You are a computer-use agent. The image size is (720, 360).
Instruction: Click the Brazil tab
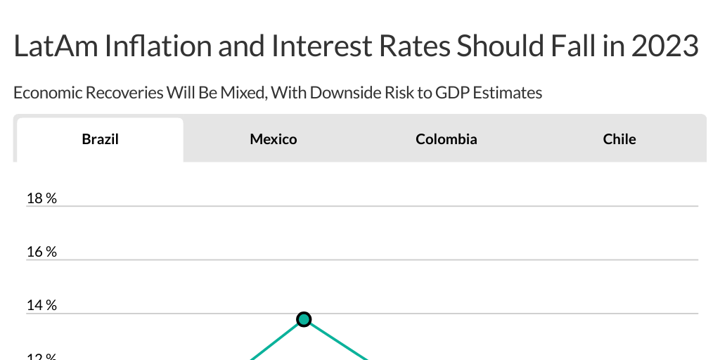[100, 139]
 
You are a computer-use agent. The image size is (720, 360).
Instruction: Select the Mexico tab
[274, 139]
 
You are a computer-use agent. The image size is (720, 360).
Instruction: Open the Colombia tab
[446, 139]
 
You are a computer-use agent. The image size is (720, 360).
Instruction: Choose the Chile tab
[619, 139]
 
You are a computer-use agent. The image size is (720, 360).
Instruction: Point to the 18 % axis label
[41, 198]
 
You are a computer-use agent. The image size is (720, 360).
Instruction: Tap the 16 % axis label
[41, 252]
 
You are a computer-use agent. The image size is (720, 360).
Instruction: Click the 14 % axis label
[41, 305]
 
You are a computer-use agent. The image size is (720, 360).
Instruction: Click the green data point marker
[304, 319]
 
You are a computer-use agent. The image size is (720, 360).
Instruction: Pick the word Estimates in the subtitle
[507, 92]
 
